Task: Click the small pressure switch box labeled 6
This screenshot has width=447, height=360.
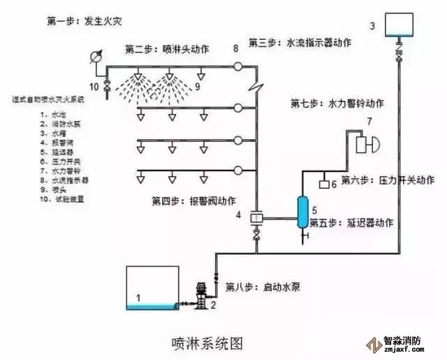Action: [324, 185]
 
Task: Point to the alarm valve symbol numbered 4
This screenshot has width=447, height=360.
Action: [256, 219]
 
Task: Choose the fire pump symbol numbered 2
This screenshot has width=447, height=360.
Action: [201, 294]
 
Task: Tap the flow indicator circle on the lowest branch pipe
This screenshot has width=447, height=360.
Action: [238, 169]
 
